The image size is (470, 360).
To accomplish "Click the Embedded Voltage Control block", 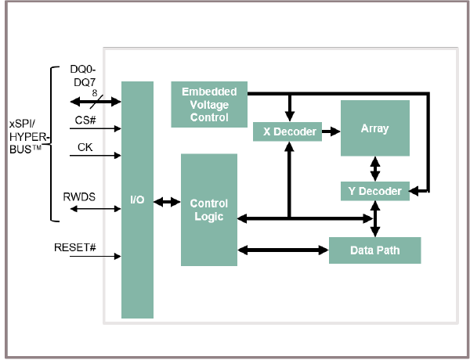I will click(209, 105).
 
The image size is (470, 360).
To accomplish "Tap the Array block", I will click(374, 128).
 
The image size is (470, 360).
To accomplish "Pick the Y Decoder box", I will click(375, 190).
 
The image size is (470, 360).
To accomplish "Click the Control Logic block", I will click(208, 210).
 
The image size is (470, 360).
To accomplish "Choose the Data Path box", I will click(375, 250).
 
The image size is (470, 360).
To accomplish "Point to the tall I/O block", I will click(137, 200).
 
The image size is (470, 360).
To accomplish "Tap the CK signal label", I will click(85, 147).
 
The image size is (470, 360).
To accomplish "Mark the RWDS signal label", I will click(79, 197).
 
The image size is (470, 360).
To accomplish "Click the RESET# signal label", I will click(74, 247).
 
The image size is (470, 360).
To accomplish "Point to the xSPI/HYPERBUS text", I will click(28, 137).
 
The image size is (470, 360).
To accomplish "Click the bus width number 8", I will click(94, 92).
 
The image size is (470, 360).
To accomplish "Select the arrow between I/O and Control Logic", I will click(167, 202).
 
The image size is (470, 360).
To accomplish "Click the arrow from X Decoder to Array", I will click(331, 131).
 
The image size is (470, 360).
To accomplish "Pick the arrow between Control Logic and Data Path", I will click(282, 250).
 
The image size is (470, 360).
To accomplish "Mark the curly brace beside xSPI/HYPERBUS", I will click(52, 137).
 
